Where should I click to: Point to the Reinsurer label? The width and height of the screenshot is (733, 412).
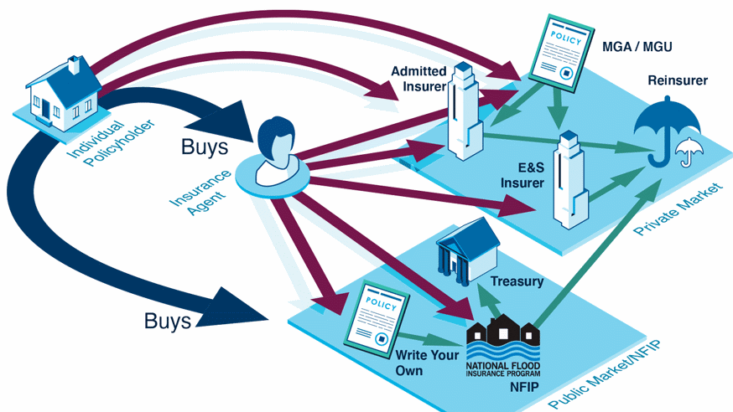(678, 80)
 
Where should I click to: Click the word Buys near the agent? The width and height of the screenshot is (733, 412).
(205, 147)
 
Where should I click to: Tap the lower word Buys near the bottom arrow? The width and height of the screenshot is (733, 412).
(168, 321)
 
